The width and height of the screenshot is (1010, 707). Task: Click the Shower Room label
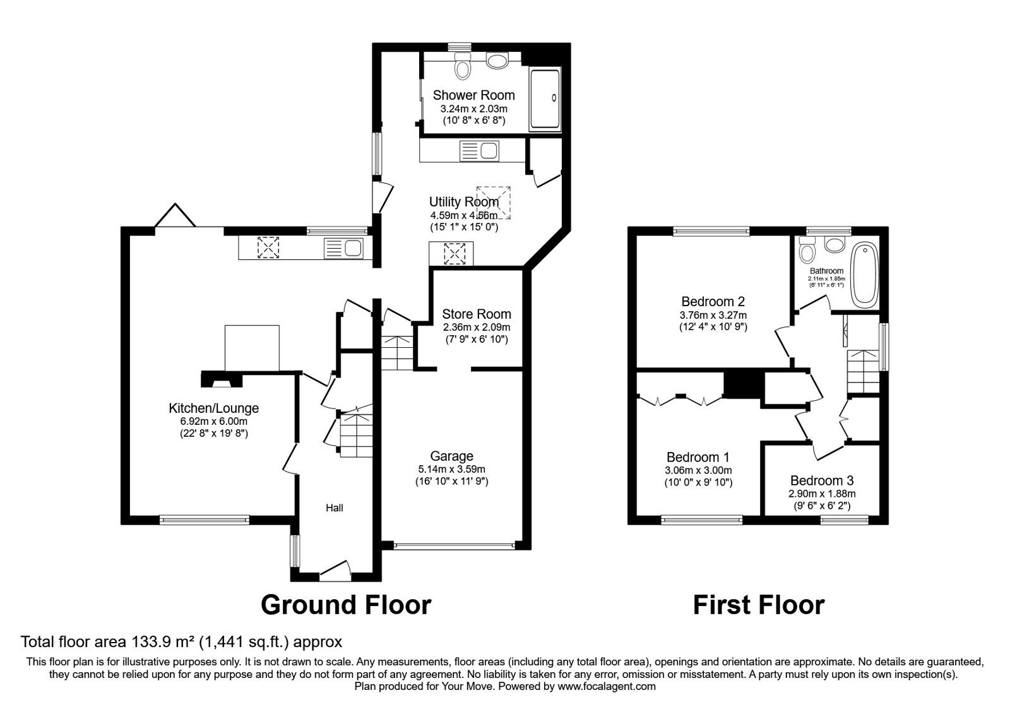click(473, 95)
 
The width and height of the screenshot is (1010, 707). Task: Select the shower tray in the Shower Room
click(544, 99)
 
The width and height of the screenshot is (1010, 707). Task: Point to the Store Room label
click(476, 314)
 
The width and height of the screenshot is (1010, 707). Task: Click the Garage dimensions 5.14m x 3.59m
click(451, 469)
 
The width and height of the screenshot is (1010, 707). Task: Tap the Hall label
click(335, 508)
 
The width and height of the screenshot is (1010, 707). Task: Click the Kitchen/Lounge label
click(213, 408)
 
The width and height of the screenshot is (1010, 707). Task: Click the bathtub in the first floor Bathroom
click(862, 276)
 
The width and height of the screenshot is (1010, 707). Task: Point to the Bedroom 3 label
click(821, 481)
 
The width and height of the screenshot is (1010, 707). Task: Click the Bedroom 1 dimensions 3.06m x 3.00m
click(698, 470)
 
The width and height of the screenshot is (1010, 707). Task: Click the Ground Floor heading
click(345, 605)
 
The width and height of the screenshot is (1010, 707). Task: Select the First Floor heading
click(758, 605)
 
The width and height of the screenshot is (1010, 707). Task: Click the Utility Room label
click(463, 203)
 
